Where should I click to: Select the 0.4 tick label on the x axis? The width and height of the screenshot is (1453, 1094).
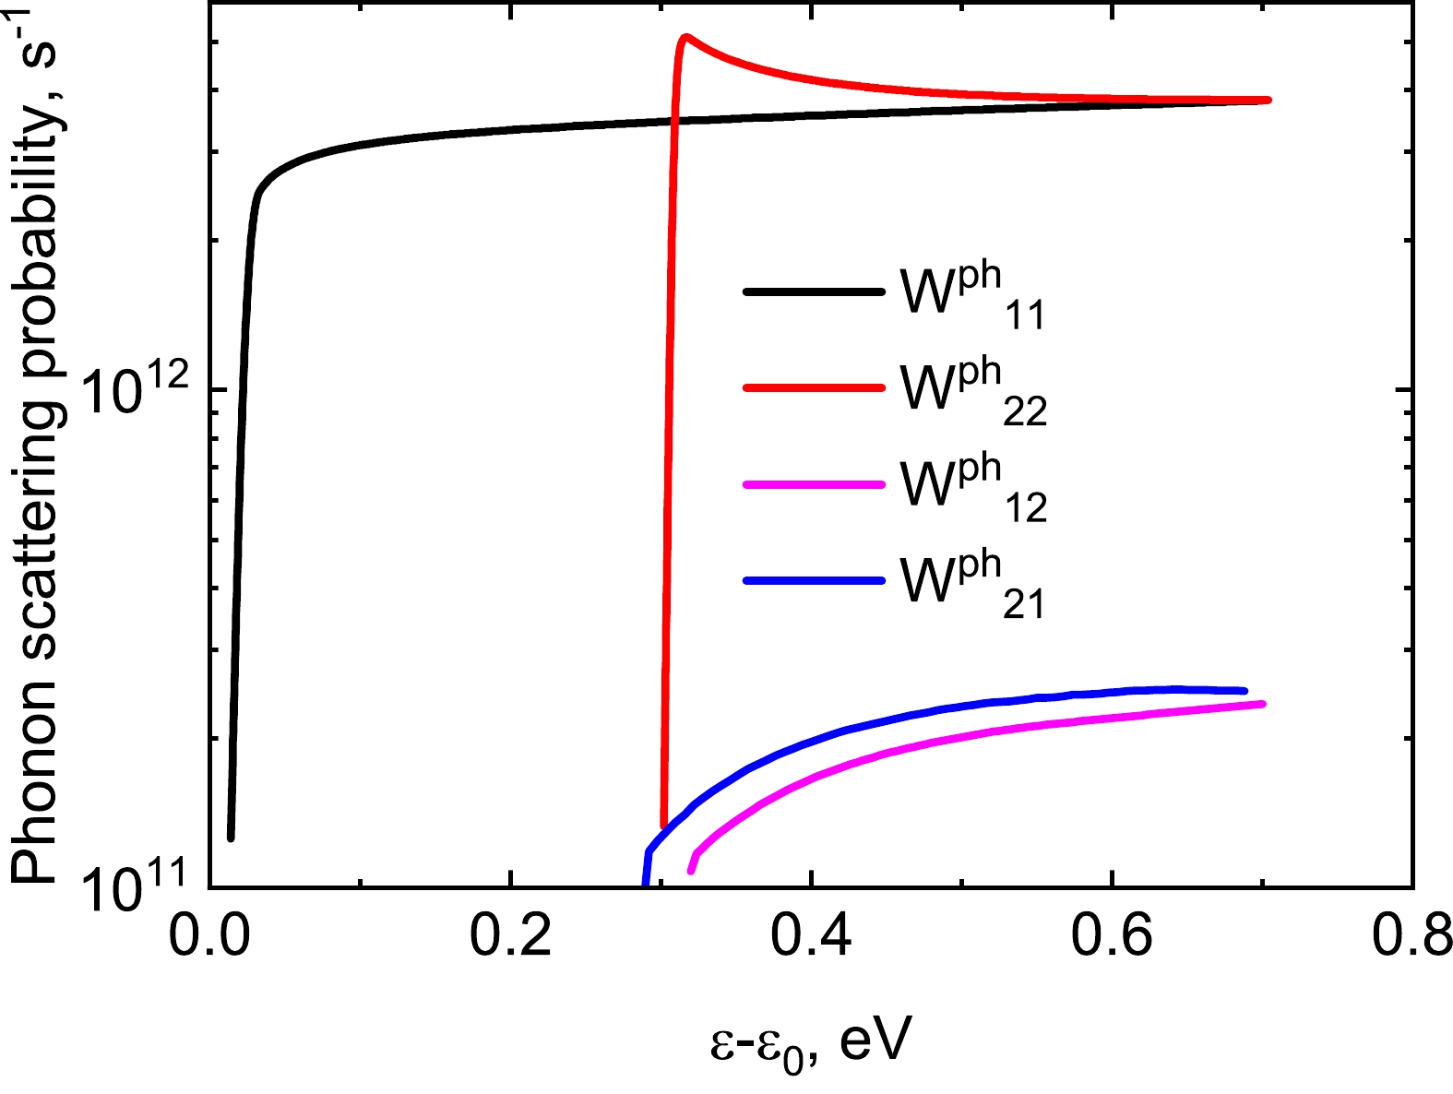810,939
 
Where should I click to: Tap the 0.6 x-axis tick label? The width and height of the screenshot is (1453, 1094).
1112,939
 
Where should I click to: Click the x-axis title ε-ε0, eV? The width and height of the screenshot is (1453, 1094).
811,1043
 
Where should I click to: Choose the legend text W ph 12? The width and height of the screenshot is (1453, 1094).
973,490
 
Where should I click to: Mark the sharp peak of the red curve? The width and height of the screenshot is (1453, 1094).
685,37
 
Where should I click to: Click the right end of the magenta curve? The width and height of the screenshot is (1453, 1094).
1261,704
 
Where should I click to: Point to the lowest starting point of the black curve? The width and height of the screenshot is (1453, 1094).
231,838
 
